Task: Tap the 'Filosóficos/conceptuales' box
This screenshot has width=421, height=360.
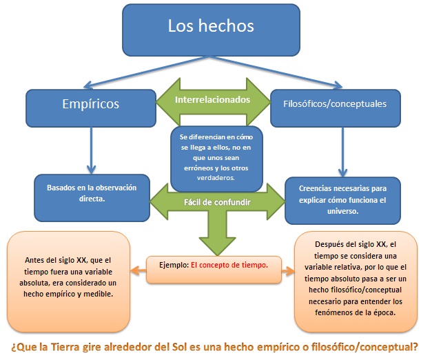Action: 334,104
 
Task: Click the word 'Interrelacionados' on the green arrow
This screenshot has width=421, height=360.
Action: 212,100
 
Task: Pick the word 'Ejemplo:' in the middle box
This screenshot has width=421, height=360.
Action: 172,264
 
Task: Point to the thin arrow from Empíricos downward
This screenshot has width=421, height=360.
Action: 90,148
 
